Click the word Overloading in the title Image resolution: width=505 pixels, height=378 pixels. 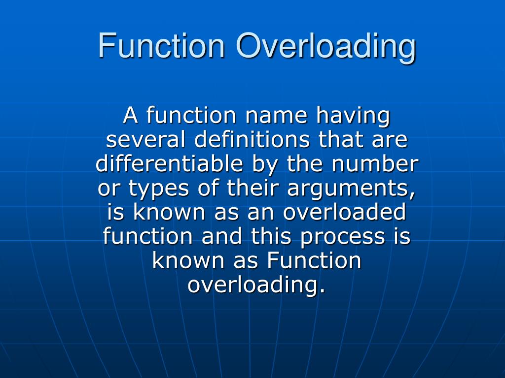tap(325, 46)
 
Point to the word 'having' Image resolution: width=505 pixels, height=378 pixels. tap(353, 117)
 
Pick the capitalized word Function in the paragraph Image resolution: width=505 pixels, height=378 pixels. tap(314, 260)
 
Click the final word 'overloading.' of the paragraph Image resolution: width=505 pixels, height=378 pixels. tap(256, 285)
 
